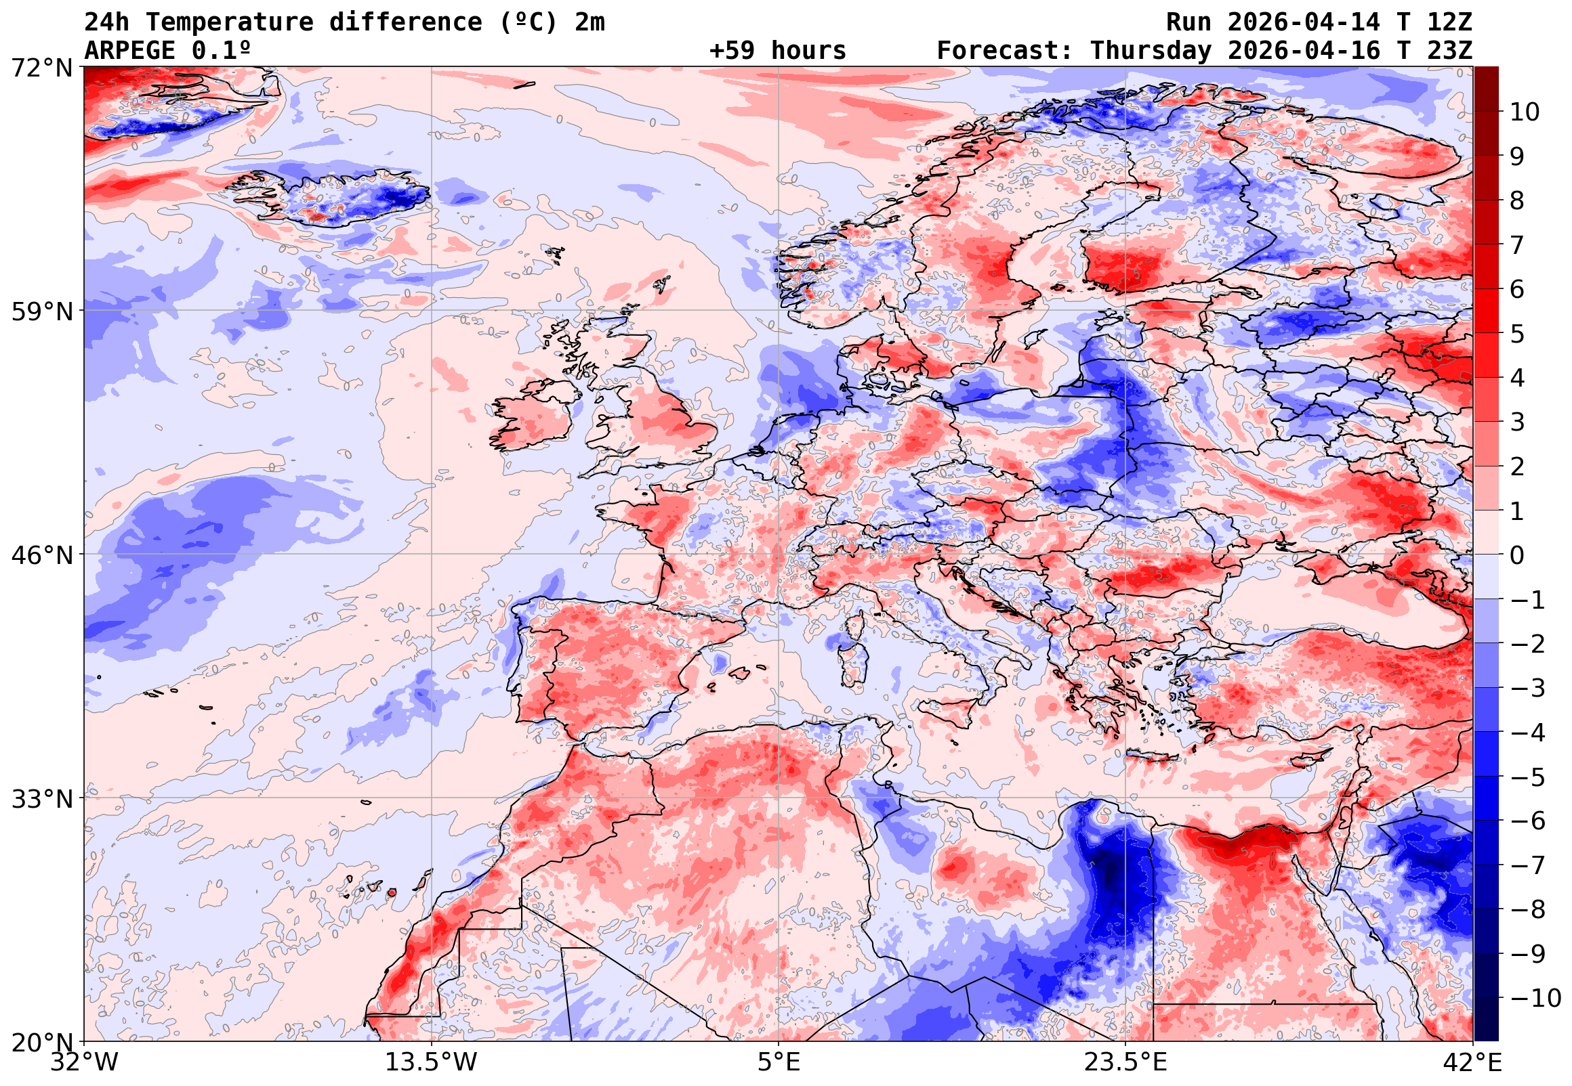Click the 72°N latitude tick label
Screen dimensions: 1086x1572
(41, 68)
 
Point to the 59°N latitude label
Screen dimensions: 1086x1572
(41, 311)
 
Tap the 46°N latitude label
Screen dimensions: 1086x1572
(41, 555)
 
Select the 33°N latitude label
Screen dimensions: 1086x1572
(41, 799)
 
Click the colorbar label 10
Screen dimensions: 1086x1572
(1525, 112)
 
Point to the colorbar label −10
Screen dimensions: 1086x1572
(1535, 999)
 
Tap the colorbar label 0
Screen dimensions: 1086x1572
(1517, 556)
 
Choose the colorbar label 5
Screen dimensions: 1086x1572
(1517, 334)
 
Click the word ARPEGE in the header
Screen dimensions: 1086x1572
(129, 51)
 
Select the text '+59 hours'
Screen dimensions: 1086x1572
(777, 51)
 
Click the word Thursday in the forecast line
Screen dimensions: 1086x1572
(1151, 51)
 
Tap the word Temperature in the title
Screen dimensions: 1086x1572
(230, 22)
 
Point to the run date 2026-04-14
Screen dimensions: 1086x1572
(1304, 22)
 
